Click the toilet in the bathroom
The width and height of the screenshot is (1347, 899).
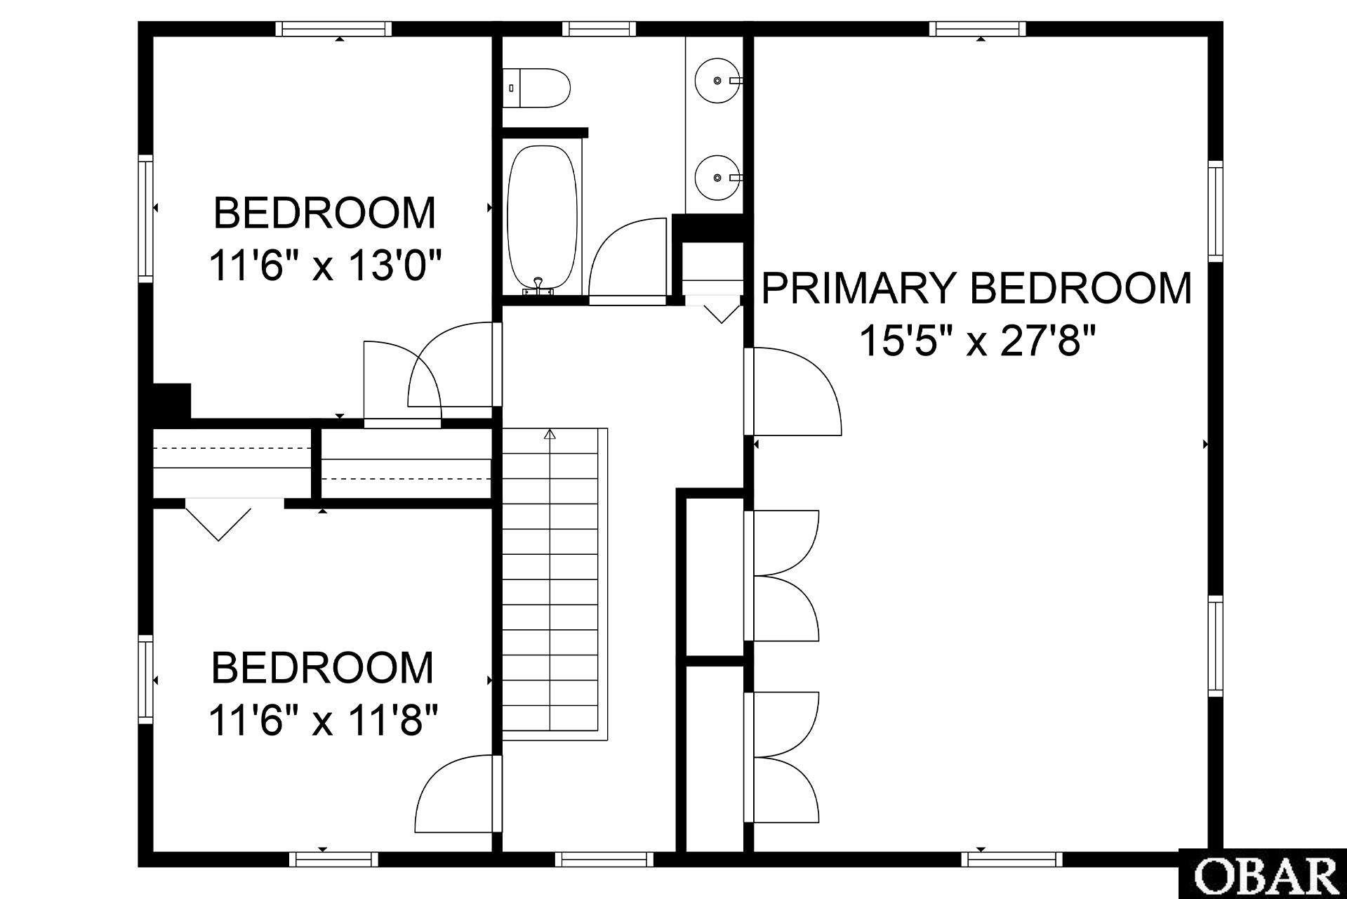(536, 88)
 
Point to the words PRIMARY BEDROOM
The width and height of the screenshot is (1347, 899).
(976, 288)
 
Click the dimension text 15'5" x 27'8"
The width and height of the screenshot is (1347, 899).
(977, 341)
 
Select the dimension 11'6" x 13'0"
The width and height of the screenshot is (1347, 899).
(326, 266)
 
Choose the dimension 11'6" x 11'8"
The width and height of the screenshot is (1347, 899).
(324, 721)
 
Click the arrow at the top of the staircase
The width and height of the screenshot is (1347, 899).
(550, 435)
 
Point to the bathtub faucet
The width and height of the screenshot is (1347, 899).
(538, 286)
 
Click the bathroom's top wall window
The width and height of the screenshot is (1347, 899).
(599, 29)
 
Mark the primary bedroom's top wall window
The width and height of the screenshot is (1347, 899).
(978, 29)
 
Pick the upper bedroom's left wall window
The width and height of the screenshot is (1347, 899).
(145, 218)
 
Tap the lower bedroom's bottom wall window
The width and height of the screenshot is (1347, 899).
(333, 859)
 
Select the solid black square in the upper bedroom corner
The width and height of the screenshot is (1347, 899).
(172, 401)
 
